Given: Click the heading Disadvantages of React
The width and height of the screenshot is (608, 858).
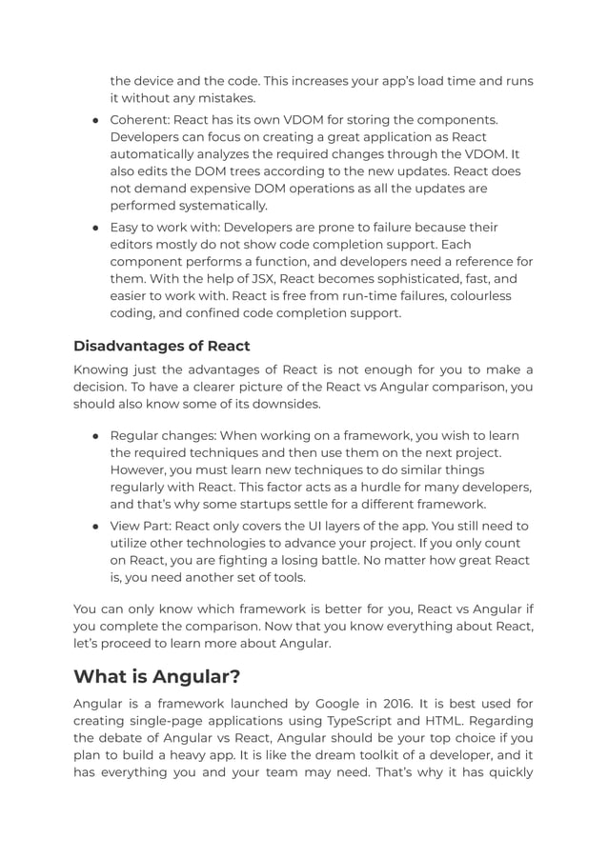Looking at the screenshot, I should pyautogui.click(x=161, y=346).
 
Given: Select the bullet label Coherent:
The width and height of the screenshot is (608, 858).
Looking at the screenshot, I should pyautogui.click(x=144, y=119).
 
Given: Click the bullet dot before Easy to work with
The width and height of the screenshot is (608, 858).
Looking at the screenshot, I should pyautogui.click(x=97, y=228).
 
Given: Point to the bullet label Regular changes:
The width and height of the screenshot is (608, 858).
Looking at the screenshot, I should pyautogui.click(x=169, y=435).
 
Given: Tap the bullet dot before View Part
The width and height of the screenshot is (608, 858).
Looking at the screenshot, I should pyautogui.click(x=97, y=527).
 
